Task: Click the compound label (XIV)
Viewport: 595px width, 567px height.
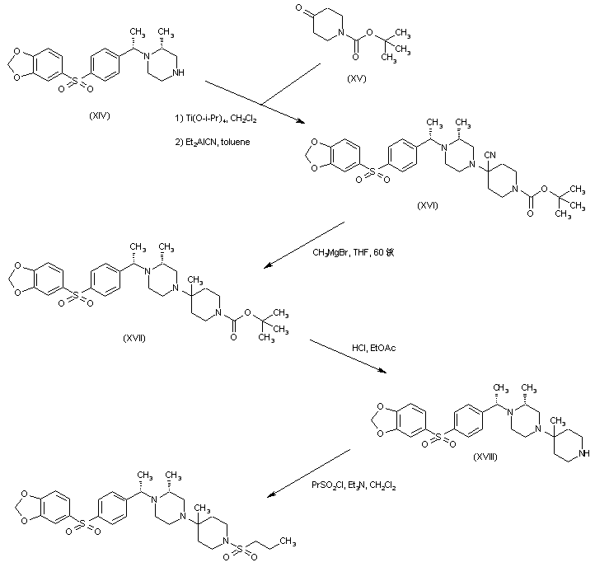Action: [99, 115]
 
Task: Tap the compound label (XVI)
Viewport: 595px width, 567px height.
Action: [428, 204]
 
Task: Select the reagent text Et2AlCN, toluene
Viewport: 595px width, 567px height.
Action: [211, 142]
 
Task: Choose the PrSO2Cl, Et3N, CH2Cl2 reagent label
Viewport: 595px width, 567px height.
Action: [354, 486]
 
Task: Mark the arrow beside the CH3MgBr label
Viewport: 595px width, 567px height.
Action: [304, 244]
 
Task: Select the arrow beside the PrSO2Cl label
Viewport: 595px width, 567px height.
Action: [310, 473]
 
